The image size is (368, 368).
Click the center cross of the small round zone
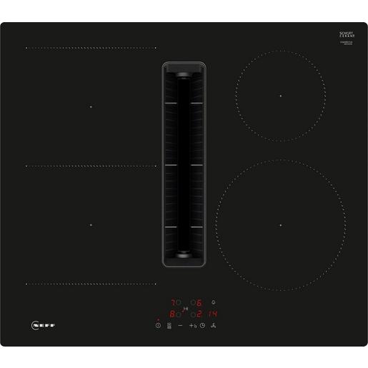coord(281,96)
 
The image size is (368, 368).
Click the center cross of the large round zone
coord(281,224)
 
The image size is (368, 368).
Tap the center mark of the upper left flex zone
coord(91,107)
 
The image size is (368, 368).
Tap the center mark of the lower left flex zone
coord(91,224)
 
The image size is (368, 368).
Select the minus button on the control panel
coord(181,326)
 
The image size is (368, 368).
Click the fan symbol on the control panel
coord(214,326)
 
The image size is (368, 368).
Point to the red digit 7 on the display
coord(171,302)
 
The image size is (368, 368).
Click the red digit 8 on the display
coord(171,314)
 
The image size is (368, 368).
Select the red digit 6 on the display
coord(200,302)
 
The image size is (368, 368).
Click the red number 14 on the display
coord(214,314)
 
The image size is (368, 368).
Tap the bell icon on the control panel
coord(214,302)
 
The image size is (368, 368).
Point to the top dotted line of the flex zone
coord(91,49)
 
